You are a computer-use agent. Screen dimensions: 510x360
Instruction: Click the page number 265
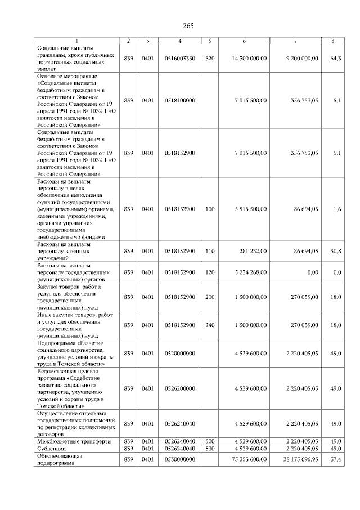click(x=188, y=26)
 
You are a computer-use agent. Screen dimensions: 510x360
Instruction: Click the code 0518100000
click(x=180, y=100)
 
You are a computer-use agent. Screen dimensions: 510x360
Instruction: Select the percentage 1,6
click(x=337, y=209)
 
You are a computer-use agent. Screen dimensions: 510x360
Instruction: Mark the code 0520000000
click(x=180, y=353)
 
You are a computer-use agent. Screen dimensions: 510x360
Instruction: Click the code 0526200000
click(x=180, y=388)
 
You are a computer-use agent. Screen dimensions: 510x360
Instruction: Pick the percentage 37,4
click(x=336, y=460)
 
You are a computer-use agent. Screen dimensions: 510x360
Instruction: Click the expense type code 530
click(x=210, y=449)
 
